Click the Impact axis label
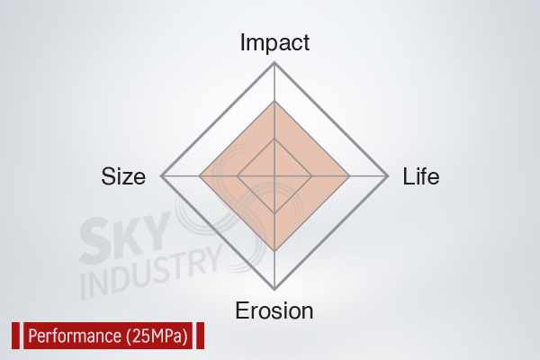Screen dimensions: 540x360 tap(274, 42)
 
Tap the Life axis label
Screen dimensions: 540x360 tap(421, 176)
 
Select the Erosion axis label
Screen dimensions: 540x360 tap(274, 310)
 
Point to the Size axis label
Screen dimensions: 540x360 tap(123, 176)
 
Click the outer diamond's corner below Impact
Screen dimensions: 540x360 tap(274, 62)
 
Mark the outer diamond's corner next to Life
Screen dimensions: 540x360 tap(388, 176)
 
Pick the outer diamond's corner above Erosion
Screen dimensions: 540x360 tap(274, 290)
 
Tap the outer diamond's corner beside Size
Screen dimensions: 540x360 tap(161, 176)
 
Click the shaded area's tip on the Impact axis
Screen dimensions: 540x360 tap(274, 101)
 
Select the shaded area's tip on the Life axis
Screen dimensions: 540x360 tap(350, 176)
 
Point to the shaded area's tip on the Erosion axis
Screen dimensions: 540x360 tap(274, 251)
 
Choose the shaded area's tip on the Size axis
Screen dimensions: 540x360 tap(200, 176)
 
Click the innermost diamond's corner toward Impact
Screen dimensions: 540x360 tap(274, 139)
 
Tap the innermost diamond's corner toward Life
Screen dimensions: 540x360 tap(312, 176)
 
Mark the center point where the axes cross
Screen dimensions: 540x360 tap(274, 176)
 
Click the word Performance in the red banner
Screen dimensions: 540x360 tap(75, 336)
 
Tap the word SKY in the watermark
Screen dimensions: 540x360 tap(126, 238)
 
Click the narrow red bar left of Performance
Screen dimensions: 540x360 tap(16, 336)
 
